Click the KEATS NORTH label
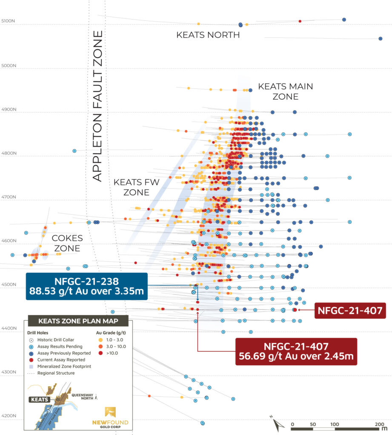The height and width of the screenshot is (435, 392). [x=208, y=35]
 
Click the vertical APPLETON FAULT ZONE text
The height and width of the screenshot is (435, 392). [x=98, y=106]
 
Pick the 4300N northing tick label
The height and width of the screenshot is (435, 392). [x=9, y=372]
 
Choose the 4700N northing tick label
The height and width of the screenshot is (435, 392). [x=9, y=197]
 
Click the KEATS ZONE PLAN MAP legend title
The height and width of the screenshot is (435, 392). [x=77, y=321]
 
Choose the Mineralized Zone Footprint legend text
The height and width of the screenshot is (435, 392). [x=64, y=366]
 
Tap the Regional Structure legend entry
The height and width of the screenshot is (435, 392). [x=55, y=373]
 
